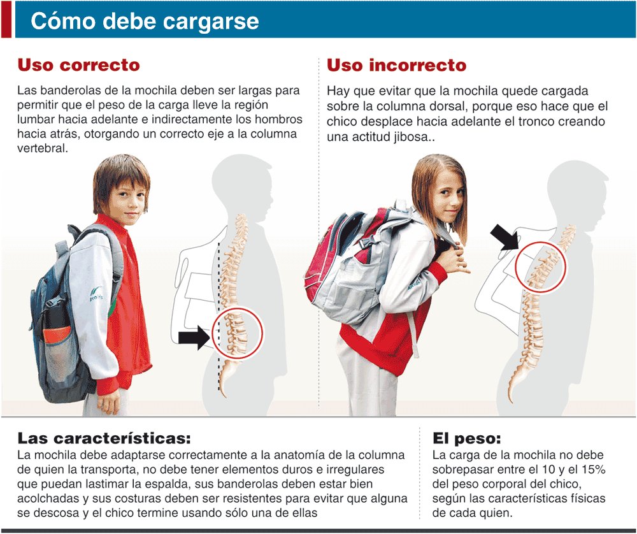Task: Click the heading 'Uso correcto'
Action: coord(78,65)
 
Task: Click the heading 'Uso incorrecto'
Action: coord(396,65)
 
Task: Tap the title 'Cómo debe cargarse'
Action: coord(145,21)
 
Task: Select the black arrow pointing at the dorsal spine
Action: coord(505,238)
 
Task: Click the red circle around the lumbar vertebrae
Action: coord(236,331)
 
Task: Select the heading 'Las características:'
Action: coord(104,438)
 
